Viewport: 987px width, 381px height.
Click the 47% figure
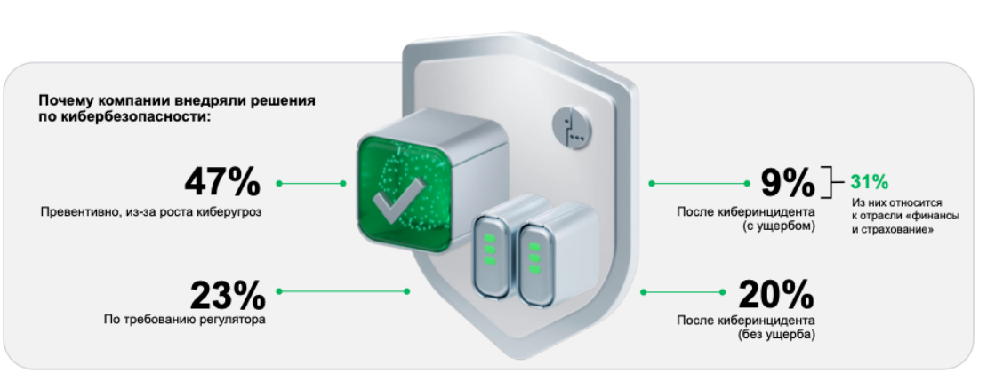(222, 182)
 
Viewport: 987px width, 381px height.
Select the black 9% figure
(788, 183)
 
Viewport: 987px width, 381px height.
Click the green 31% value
(870, 182)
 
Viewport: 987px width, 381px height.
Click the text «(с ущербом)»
(778, 226)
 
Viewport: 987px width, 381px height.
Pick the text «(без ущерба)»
(776, 335)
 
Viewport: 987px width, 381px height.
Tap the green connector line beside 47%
(311, 184)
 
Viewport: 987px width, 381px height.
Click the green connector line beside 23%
(343, 291)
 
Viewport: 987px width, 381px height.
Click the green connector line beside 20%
(683, 291)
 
